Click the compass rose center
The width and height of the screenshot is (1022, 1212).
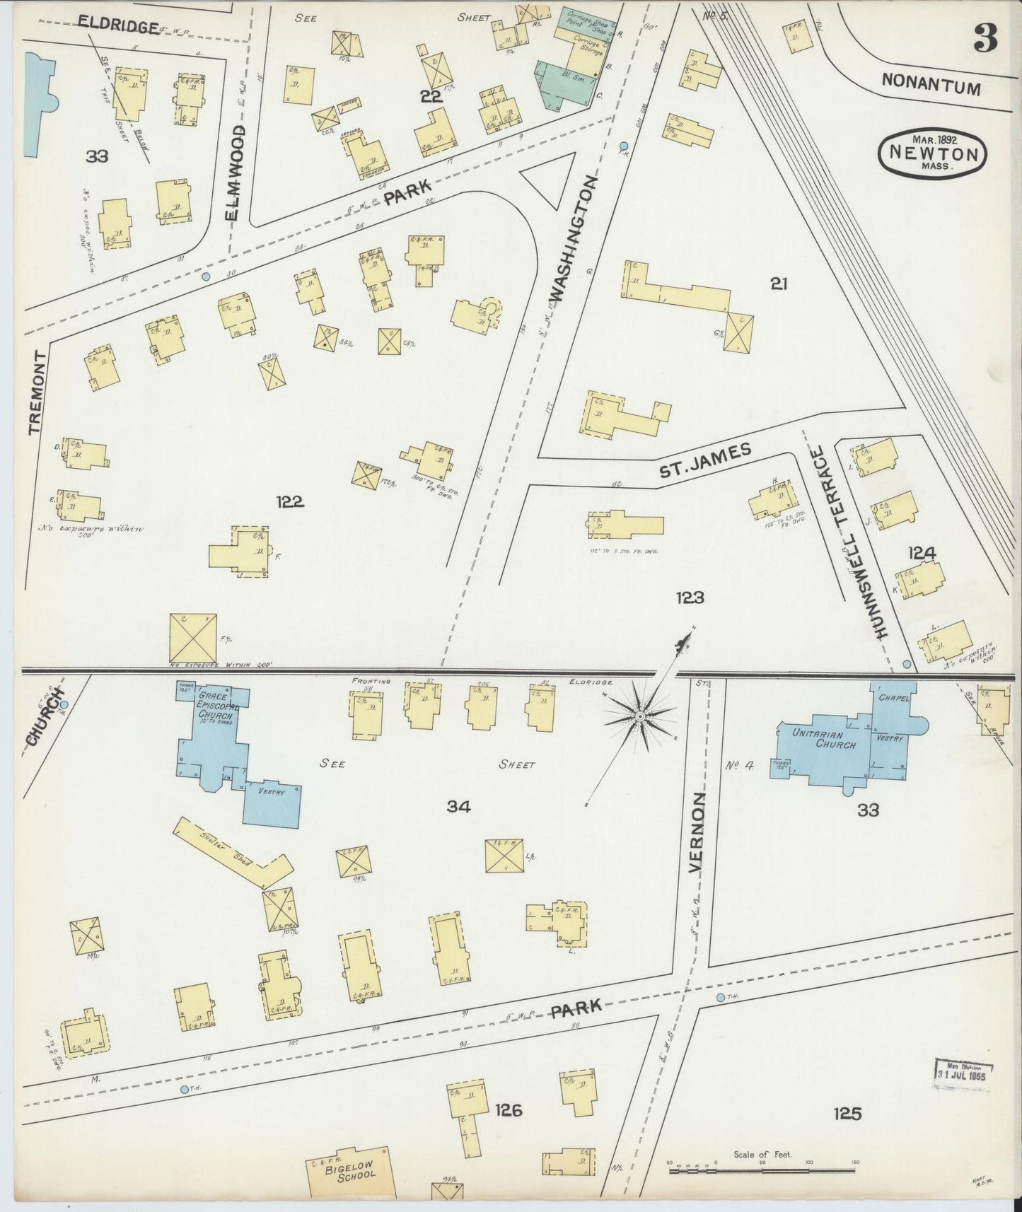pyautogui.click(x=639, y=717)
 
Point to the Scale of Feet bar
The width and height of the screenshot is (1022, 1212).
pyautogui.click(x=763, y=1171)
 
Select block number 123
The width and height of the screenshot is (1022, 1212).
pyautogui.click(x=690, y=598)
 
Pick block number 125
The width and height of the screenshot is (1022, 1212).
pyautogui.click(x=847, y=1114)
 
